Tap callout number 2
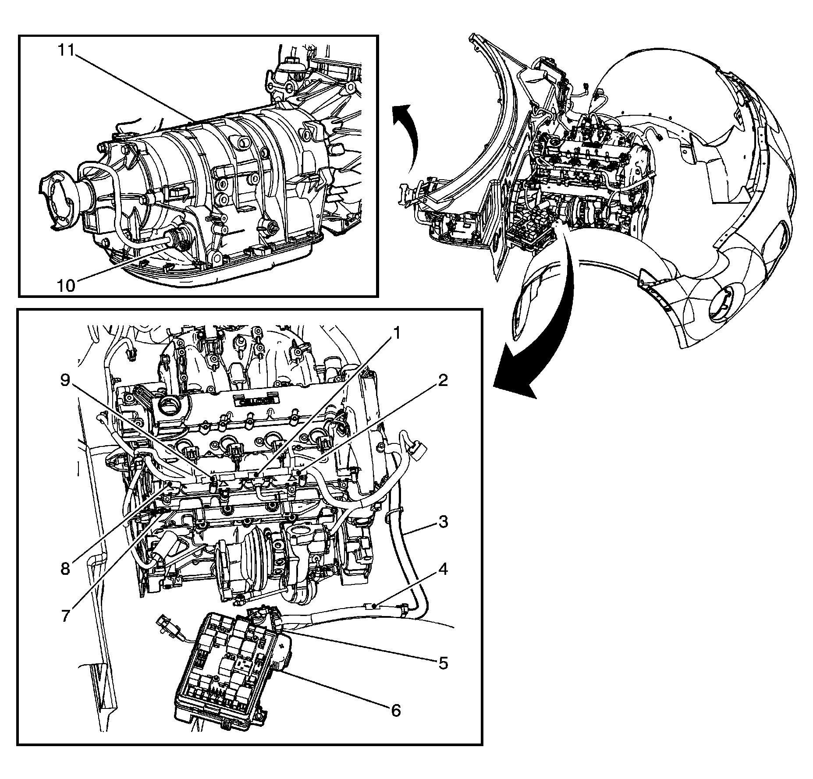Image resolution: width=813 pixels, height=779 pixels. tap(443, 381)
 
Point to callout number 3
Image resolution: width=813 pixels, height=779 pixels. tap(443, 522)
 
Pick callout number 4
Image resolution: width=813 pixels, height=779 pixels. tap(443, 570)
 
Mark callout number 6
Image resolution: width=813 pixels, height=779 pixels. tap(395, 710)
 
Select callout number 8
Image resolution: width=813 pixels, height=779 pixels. tap(66, 569)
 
